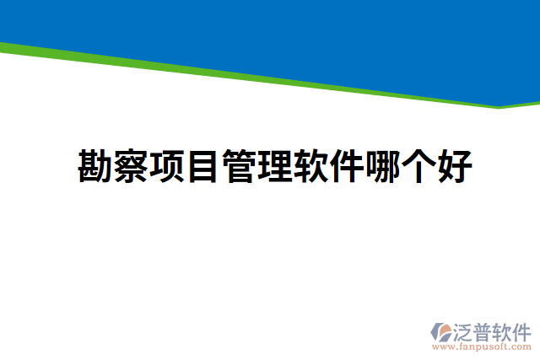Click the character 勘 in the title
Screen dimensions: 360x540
click(x=95, y=167)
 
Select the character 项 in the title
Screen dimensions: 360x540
click(x=167, y=167)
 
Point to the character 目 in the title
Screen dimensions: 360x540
click(x=202, y=167)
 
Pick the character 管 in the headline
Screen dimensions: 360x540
click(x=239, y=167)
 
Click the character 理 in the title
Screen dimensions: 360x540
click(x=274, y=167)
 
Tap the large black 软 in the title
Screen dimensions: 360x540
click(x=310, y=167)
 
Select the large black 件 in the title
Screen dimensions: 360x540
click(x=346, y=167)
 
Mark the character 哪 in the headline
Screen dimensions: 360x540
click(x=382, y=167)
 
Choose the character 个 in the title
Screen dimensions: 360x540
click(x=418, y=167)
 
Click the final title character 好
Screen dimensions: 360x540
click(x=454, y=167)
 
